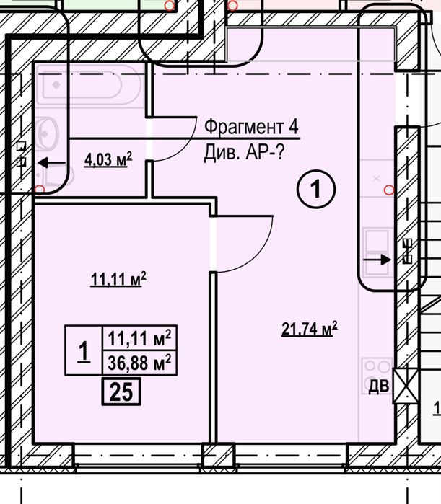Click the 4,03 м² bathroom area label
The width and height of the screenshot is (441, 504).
coord(108,159)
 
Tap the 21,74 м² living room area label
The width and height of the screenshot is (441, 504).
coord(310,329)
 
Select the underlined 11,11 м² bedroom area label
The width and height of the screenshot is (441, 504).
coord(118,279)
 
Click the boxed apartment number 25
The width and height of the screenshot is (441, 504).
coord(121,392)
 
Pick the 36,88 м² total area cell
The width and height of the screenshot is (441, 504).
coord(139,363)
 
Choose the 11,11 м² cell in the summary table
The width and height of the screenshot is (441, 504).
coord(139,338)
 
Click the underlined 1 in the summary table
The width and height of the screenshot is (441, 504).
coord(84,351)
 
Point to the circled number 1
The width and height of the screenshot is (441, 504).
coord(316,189)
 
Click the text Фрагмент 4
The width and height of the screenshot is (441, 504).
coord(251,126)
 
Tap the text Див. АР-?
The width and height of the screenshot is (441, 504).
coord(244,152)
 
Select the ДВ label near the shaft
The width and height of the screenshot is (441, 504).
coord(379,386)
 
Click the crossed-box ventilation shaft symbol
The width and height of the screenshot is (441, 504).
coord(406,386)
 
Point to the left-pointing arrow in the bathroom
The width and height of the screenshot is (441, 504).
coord(52,163)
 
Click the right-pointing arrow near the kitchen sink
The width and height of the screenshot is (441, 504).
coord(377,259)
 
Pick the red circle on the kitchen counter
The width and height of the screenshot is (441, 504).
coord(389,190)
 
